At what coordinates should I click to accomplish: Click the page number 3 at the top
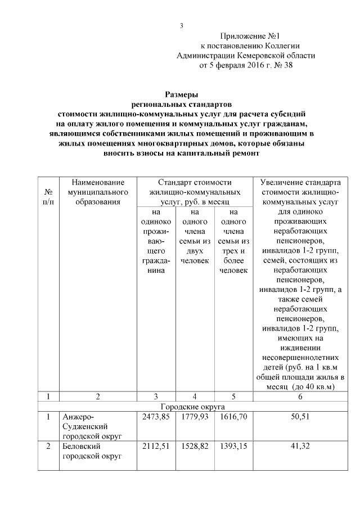181,26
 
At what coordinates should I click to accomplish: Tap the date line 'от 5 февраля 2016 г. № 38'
246,65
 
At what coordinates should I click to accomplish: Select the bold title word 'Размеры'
181,94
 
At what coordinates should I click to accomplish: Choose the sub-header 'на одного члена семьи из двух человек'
195,236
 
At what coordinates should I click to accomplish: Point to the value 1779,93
195,417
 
